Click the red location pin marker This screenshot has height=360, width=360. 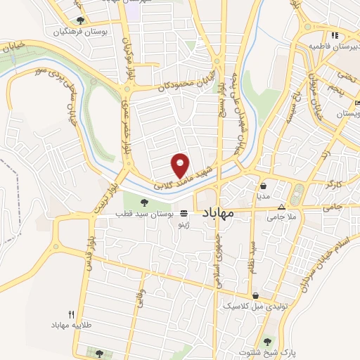click(x=180, y=164)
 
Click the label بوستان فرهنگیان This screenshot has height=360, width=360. click(x=79, y=32)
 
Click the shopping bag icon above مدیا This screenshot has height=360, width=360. click(x=263, y=186)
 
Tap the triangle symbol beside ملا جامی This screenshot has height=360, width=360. click(x=282, y=207)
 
